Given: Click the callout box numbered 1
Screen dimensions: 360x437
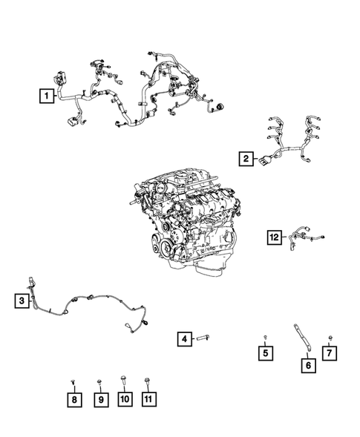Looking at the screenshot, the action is tap(47, 96).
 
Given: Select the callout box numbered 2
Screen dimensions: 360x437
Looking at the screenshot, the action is tap(246, 159).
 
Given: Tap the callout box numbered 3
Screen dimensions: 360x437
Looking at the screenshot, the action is tap(22, 300).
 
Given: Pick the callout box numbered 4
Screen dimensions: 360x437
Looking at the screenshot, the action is tap(185, 339).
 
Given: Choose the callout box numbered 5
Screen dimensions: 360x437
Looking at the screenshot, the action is tap(266, 353).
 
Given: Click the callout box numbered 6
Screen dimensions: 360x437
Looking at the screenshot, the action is tap(308, 365).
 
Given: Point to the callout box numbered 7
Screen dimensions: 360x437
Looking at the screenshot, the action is tap(330, 353).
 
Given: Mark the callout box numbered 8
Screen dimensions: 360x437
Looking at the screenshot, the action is tap(74, 400).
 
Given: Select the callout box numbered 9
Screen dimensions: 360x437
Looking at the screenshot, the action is tap(101, 400).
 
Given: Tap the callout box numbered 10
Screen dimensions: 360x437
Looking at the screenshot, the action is tap(125, 399).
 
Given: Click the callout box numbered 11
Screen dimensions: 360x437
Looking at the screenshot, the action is tap(149, 399).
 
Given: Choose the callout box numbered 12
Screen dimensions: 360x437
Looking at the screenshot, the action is tap(275, 237).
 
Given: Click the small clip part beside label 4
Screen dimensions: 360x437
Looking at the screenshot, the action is tap(203, 338).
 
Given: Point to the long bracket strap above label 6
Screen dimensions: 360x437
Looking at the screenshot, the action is tap(302, 338).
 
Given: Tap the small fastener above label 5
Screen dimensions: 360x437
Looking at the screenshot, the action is tap(266, 338).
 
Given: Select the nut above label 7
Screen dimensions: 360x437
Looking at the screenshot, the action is tap(330, 338).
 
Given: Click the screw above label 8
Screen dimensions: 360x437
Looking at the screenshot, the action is tap(73, 381).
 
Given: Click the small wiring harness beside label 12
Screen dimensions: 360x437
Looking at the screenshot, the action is tap(306, 239).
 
